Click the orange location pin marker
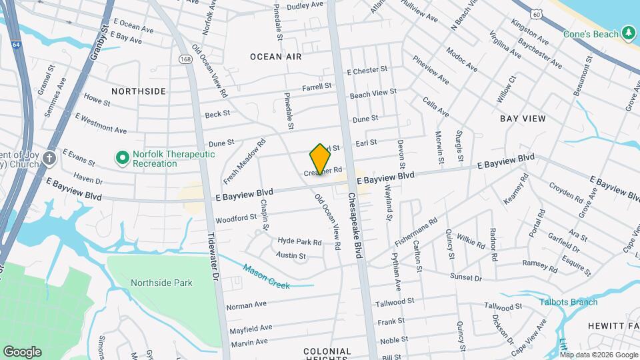(320, 159)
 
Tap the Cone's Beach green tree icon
(628, 33)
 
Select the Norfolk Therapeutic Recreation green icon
(122, 158)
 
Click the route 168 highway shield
(185, 60)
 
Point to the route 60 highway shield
(537, 13)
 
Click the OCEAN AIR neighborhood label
(276, 57)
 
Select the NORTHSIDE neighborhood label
(139, 91)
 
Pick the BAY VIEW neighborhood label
(523, 119)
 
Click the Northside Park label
(161, 283)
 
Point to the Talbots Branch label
(569, 302)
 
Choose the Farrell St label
(317, 87)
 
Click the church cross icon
(49, 158)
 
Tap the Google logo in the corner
(22, 352)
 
